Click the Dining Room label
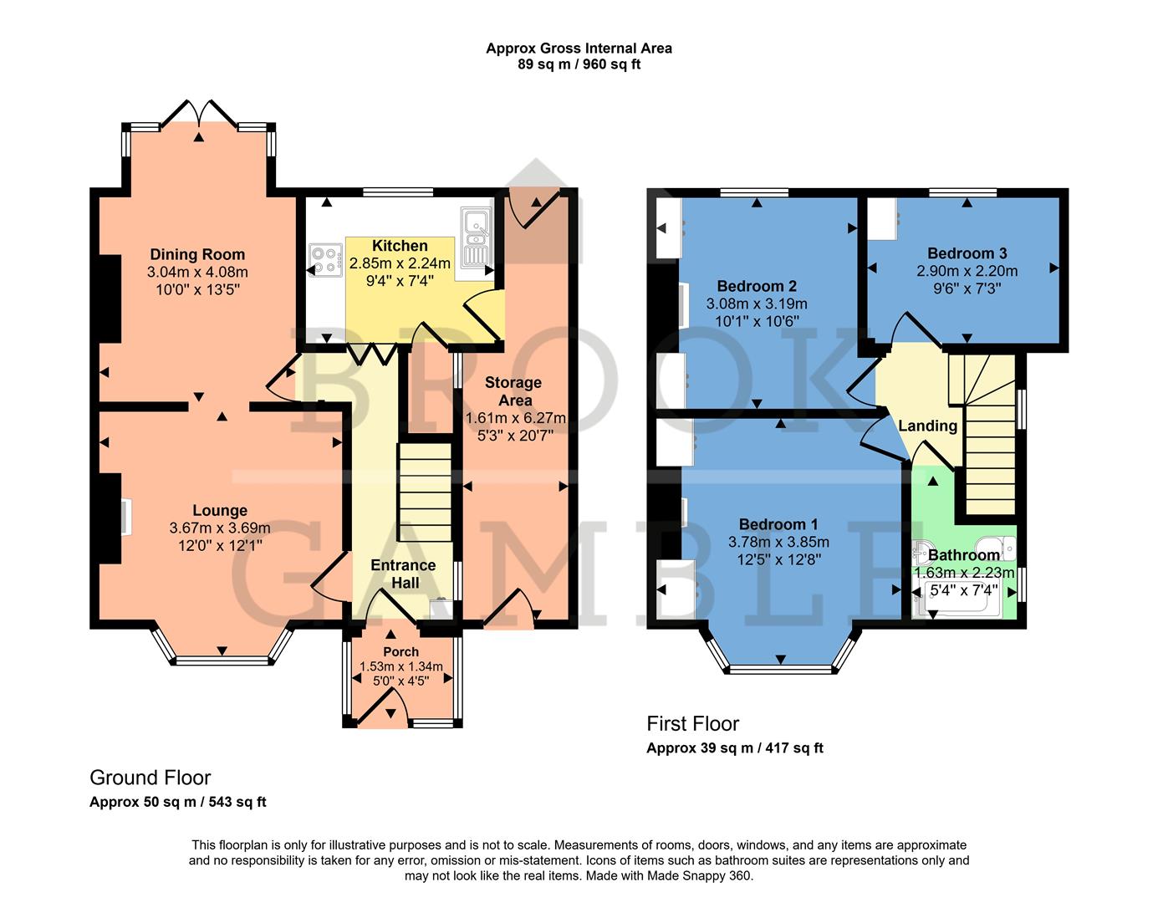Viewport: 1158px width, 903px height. point(197,254)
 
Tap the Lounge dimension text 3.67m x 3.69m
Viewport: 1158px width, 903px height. point(220,528)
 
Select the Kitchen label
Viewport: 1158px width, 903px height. point(400,246)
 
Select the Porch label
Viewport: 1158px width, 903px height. point(400,651)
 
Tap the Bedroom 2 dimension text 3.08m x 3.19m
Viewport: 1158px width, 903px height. point(757,304)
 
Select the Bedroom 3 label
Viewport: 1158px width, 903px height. point(967,253)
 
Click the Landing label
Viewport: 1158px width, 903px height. point(927,426)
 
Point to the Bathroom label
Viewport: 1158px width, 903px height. point(963,554)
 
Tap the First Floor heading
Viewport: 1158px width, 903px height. point(692,723)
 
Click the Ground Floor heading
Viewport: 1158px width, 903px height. point(150,778)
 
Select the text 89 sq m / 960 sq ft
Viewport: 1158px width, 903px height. point(579,64)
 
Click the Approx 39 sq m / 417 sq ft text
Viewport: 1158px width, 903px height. point(734,747)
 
